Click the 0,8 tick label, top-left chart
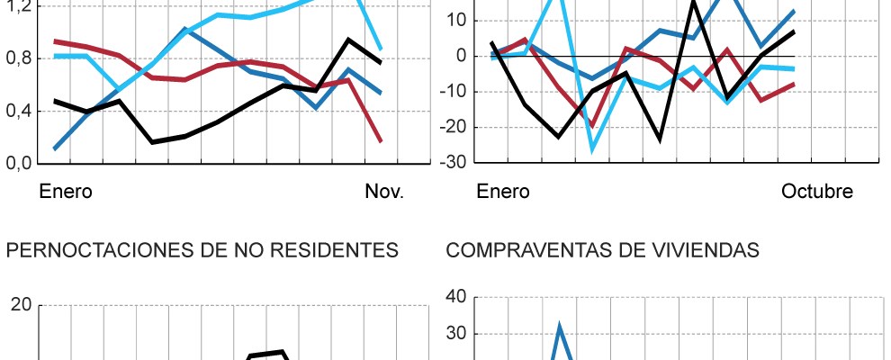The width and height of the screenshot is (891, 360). coord(19,58)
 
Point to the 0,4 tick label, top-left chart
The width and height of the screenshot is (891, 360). coord(19,111)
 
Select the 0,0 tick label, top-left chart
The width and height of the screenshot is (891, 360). coord(19,163)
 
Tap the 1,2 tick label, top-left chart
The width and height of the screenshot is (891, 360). coord(19,6)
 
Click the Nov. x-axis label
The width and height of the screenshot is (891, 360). coord(384,192)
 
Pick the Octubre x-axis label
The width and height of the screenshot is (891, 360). coord(816,192)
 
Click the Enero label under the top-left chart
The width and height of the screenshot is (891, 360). coord(66,192)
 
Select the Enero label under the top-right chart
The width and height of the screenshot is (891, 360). coord(503,192)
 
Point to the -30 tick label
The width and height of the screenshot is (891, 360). coord(454,163)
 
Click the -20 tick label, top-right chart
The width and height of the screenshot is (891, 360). coord(454,128)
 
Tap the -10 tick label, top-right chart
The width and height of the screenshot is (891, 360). coord(454,92)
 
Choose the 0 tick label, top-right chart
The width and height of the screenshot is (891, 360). coord(460,56)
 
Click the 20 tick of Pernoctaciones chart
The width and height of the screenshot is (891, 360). coord(22,305)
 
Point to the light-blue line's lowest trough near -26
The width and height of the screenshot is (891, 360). coord(592,149)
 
